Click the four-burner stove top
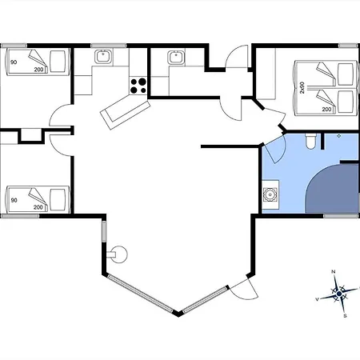pos(138,86)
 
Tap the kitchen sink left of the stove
pos(103,57)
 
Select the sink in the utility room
pos(176,58)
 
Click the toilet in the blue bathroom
pos(310,142)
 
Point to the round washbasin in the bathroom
pos(270,194)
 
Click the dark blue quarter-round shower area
pos(332,189)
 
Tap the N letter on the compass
pos(333,272)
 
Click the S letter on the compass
pos(345,316)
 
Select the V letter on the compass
pos(317,299)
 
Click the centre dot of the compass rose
pos(339,294)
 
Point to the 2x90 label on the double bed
pos(302,87)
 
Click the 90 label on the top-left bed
pos(14,62)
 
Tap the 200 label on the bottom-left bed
pos(38,207)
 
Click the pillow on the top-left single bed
pos(58,62)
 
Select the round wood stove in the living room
pos(118,254)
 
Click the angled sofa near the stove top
pos(125,113)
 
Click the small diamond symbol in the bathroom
pos(339,136)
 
